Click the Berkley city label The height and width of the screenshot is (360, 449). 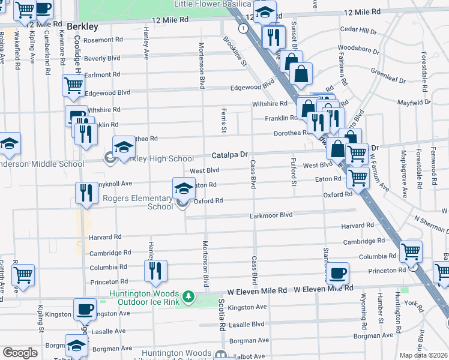coord(82,26)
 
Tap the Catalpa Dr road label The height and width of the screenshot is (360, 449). coord(229,155)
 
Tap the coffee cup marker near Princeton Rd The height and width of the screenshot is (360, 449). coord(337,273)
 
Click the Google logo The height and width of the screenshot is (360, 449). coord(20,353)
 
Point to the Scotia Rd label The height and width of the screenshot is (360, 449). coord(221,316)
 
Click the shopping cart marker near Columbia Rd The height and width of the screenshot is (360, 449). coord(411,251)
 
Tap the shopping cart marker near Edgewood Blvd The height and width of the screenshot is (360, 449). coord(73,85)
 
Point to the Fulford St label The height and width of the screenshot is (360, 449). coord(294,171)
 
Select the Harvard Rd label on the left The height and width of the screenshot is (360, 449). coord(105,238)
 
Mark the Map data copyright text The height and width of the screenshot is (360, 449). coord(424,355)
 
